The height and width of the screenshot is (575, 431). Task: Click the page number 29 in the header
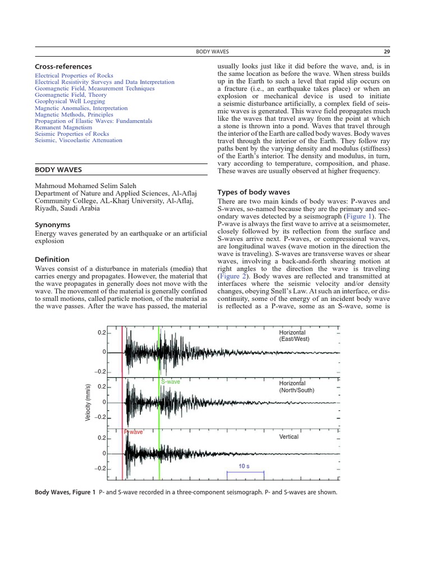[x=387, y=52]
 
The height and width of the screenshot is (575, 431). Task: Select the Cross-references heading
[x=63, y=67]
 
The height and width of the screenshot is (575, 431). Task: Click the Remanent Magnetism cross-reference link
[x=63, y=127]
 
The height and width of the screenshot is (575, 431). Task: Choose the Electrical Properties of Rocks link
[x=74, y=76]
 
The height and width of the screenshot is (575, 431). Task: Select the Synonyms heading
[x=53, y=224]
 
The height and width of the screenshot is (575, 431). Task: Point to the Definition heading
[x=52, y=259]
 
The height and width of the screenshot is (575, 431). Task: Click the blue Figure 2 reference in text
[x=232, y=277]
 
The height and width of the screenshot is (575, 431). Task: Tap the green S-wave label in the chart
[x=171, y=382]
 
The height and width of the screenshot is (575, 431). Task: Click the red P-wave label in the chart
[x=134, y=432]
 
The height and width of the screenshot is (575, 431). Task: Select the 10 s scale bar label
[x=245, y=466]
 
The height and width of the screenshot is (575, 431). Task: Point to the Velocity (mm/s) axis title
[x=88, y=403]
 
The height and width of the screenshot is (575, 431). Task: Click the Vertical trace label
[x=289, y=437]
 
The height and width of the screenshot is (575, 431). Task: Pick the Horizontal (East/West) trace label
[x=294, y=336]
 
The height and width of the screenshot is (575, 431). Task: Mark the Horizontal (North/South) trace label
[x=296, y=387]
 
